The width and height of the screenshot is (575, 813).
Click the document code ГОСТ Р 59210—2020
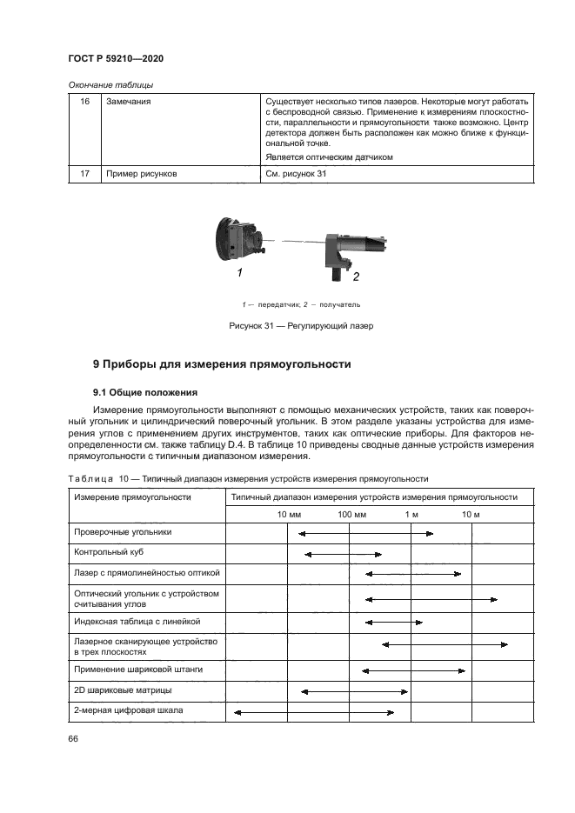click(x=116, y=58)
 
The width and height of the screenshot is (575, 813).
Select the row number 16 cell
click(x=85, y=102)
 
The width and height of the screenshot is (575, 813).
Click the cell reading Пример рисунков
click(x=142, y=174)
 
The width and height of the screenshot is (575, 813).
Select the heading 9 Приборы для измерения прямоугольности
click(x=222, y=364)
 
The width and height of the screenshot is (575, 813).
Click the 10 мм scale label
click(x=289, y=515)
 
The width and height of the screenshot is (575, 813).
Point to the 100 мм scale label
click(x=351, y=515)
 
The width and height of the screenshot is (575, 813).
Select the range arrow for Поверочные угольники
click(x=365, y=534)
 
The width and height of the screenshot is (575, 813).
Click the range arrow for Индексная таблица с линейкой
click(x=394, y=623)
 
